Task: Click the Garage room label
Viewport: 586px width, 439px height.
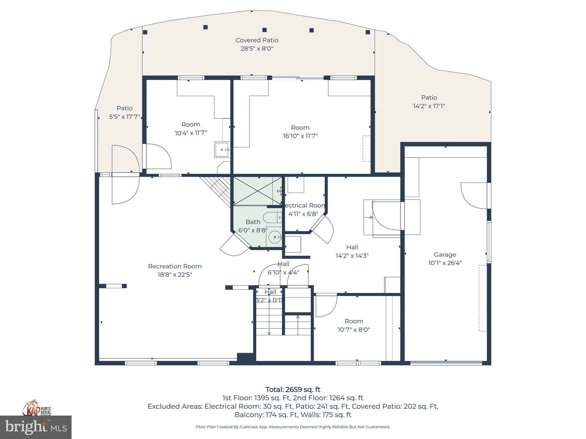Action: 445,255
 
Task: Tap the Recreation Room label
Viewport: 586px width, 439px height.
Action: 175,266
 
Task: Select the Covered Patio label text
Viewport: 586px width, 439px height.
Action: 257,40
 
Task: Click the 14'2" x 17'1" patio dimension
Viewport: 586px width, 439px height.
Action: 429,106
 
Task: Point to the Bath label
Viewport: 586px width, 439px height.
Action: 253,222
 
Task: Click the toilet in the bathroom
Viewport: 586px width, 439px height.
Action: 272,217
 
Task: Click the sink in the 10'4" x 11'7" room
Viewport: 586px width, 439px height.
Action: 222,149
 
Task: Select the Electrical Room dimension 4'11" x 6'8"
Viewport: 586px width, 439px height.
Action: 303,214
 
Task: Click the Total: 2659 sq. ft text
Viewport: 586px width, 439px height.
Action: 293,390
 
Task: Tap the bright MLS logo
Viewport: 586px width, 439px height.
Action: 36,427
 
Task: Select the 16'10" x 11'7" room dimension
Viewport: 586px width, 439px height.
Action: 300,136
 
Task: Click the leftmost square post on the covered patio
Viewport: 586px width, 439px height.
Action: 145,32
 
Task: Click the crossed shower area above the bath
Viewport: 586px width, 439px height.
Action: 257,191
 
